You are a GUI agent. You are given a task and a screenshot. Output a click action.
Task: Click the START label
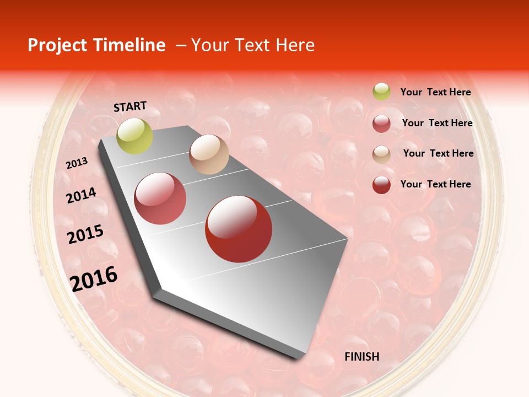(130, 106)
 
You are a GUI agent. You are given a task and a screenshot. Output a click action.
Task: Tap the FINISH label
(361, 357)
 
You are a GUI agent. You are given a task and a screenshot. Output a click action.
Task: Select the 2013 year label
(77, 163)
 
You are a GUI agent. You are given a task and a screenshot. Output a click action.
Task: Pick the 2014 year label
(81, 196)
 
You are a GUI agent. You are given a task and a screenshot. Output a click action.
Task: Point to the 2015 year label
(85, 234)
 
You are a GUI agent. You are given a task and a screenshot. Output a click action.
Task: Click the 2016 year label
(94, 279)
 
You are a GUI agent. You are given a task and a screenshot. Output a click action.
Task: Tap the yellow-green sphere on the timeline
(134, 136)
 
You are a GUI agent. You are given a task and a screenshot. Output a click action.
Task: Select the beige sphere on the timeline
(209, 154)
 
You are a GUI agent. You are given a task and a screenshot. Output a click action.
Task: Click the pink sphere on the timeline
(160, 198)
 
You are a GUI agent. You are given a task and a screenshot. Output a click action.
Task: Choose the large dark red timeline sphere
(239, 229)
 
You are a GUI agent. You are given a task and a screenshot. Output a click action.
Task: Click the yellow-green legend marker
(381, 92)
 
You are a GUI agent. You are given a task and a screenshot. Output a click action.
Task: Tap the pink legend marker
(381, 124)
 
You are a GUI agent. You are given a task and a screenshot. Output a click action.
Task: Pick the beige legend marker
(381, 154)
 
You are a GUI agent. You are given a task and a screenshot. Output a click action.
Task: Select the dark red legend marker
(381, 185)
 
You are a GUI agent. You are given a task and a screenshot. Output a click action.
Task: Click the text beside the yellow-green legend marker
(435, 92)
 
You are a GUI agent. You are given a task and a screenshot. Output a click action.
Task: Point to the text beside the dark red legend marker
(435, 184)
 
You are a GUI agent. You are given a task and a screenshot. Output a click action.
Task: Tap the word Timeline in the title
(130, 45)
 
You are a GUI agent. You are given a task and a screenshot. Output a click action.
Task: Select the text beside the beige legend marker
(438, 153)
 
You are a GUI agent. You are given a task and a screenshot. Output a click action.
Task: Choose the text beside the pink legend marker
(437, 123)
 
